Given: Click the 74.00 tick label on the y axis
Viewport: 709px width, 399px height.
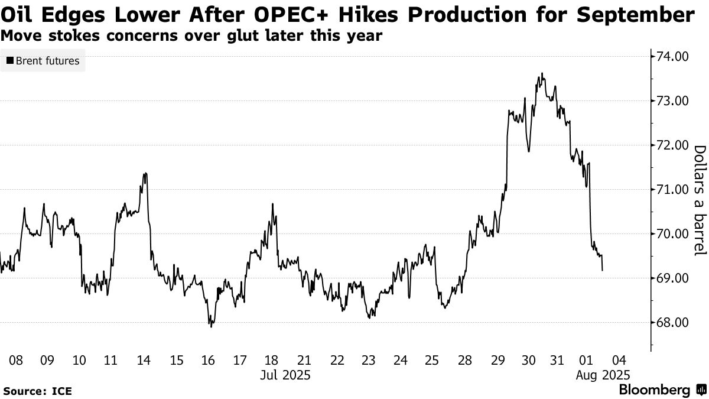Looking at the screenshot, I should (670, 57).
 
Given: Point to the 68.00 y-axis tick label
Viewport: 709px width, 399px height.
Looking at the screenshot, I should (670, 323).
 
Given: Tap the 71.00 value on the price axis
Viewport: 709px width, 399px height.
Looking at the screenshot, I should (670, 190).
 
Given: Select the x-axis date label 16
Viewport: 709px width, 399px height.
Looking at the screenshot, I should (207, 360).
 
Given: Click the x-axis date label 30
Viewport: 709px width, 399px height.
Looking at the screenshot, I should (528, 360).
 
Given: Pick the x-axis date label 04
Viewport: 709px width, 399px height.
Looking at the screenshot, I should (619, 360).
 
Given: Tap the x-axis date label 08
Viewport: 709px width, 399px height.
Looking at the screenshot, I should (16, 360).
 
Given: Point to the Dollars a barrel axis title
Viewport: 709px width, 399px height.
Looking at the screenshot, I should (700, 201).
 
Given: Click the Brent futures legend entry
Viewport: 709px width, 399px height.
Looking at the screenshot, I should (43, 60).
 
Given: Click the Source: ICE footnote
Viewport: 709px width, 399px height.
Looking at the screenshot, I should (37, 391).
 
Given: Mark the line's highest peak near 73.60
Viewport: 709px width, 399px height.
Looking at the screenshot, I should (542, 74).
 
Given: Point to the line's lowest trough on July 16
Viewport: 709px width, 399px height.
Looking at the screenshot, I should (211, 326).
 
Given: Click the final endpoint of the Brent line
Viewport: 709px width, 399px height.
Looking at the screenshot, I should (602, 270).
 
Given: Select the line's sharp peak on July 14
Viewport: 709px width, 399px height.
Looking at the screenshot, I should (145, 173).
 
